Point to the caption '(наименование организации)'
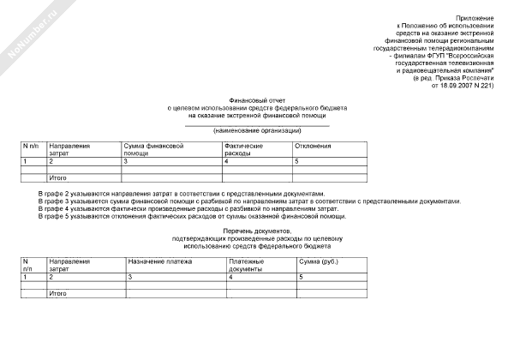(x=257, y=130)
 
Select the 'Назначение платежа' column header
(x=160, y=260)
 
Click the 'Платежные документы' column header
(x=248, y=263)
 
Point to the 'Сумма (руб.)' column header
(x=320, y=260)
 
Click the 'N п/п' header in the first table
(x=30, y=146)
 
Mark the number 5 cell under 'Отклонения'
(x=296, y=161)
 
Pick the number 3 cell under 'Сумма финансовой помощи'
(x=126, y=161)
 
